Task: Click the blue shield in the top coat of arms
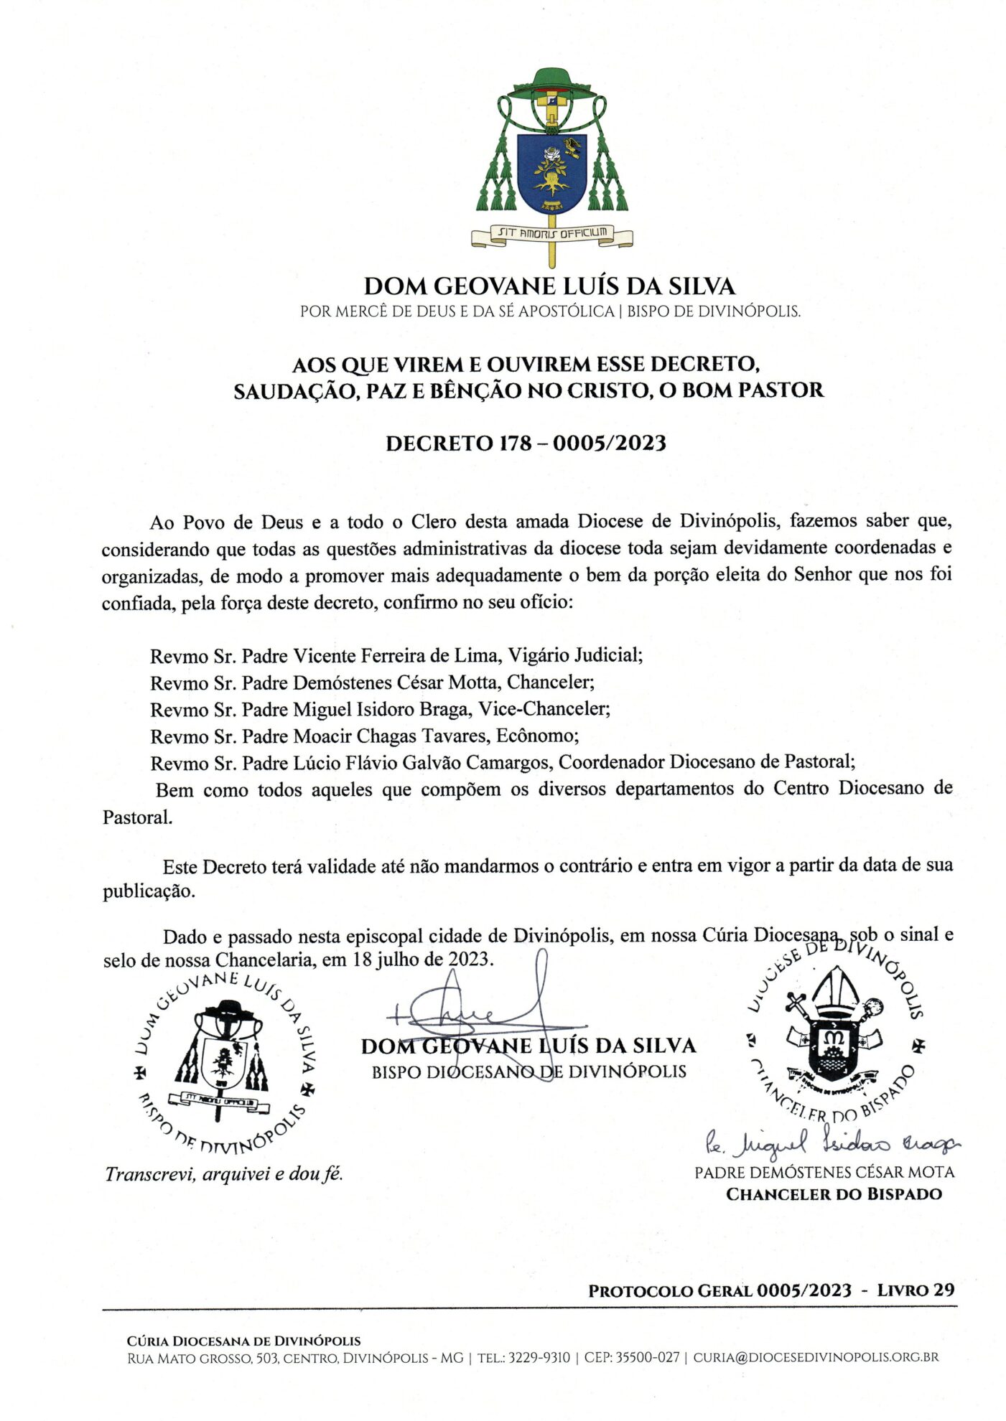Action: point(551,173)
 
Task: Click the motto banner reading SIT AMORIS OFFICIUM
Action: point(551,233)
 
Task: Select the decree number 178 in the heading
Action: point(515,444)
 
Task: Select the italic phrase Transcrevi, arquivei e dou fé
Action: point(224,1174)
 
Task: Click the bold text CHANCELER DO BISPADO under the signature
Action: point(834,1194)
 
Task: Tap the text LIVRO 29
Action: point(916,1290)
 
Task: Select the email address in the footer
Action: point(816,1357)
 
